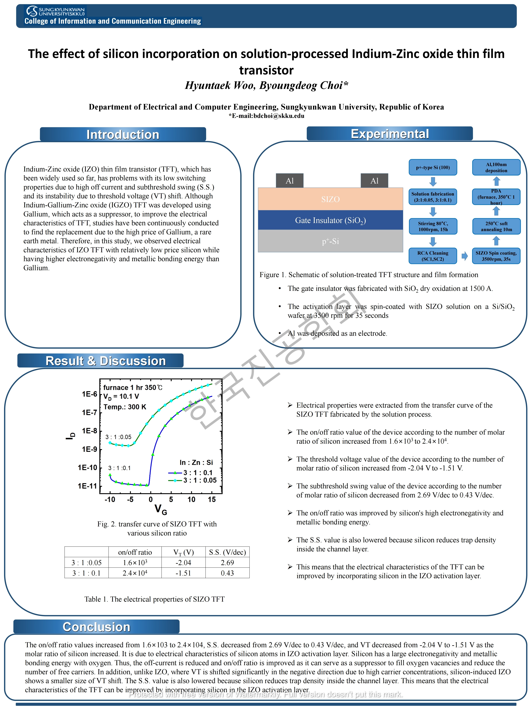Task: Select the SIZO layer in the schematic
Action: point(330,199)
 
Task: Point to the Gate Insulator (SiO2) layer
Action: point(330,220)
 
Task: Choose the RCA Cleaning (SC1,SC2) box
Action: point(433,256)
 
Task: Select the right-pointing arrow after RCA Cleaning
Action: point(464,256)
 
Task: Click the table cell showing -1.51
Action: point(183,573)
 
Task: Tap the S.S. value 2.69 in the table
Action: point(227,563)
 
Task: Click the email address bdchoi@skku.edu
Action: point(279,116)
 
